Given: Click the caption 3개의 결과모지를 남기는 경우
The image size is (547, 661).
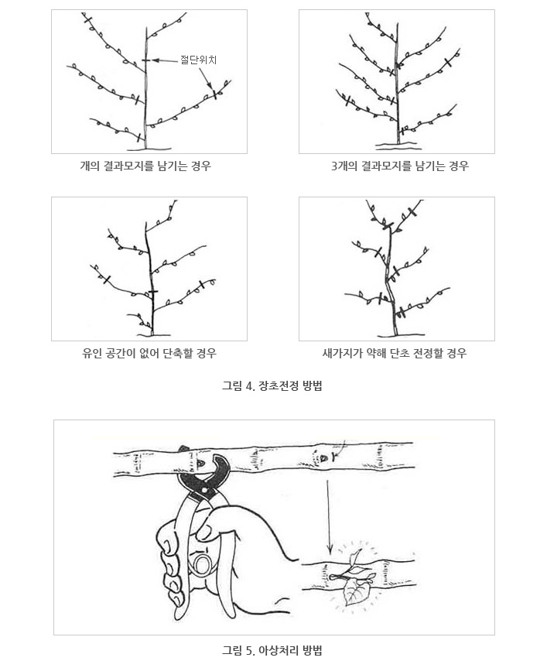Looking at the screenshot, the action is pos(400,166).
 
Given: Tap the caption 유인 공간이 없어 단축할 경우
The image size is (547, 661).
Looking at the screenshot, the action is pos(149,353).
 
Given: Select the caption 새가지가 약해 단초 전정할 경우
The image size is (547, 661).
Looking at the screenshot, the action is pos(395,353).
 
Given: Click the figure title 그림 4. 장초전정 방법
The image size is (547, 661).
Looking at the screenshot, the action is pos(272,385).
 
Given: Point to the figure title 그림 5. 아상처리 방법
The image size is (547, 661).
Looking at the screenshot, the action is pos(272,650).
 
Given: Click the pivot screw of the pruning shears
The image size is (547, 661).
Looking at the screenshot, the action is pos(205,490).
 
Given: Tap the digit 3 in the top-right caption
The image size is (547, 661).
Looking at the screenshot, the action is pos(334,166).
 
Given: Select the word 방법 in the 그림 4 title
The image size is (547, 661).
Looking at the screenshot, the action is pos(313,385).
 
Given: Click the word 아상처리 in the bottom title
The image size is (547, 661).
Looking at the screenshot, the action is pos(277,650).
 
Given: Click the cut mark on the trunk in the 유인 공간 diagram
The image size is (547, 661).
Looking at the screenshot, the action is pos(153,292).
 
